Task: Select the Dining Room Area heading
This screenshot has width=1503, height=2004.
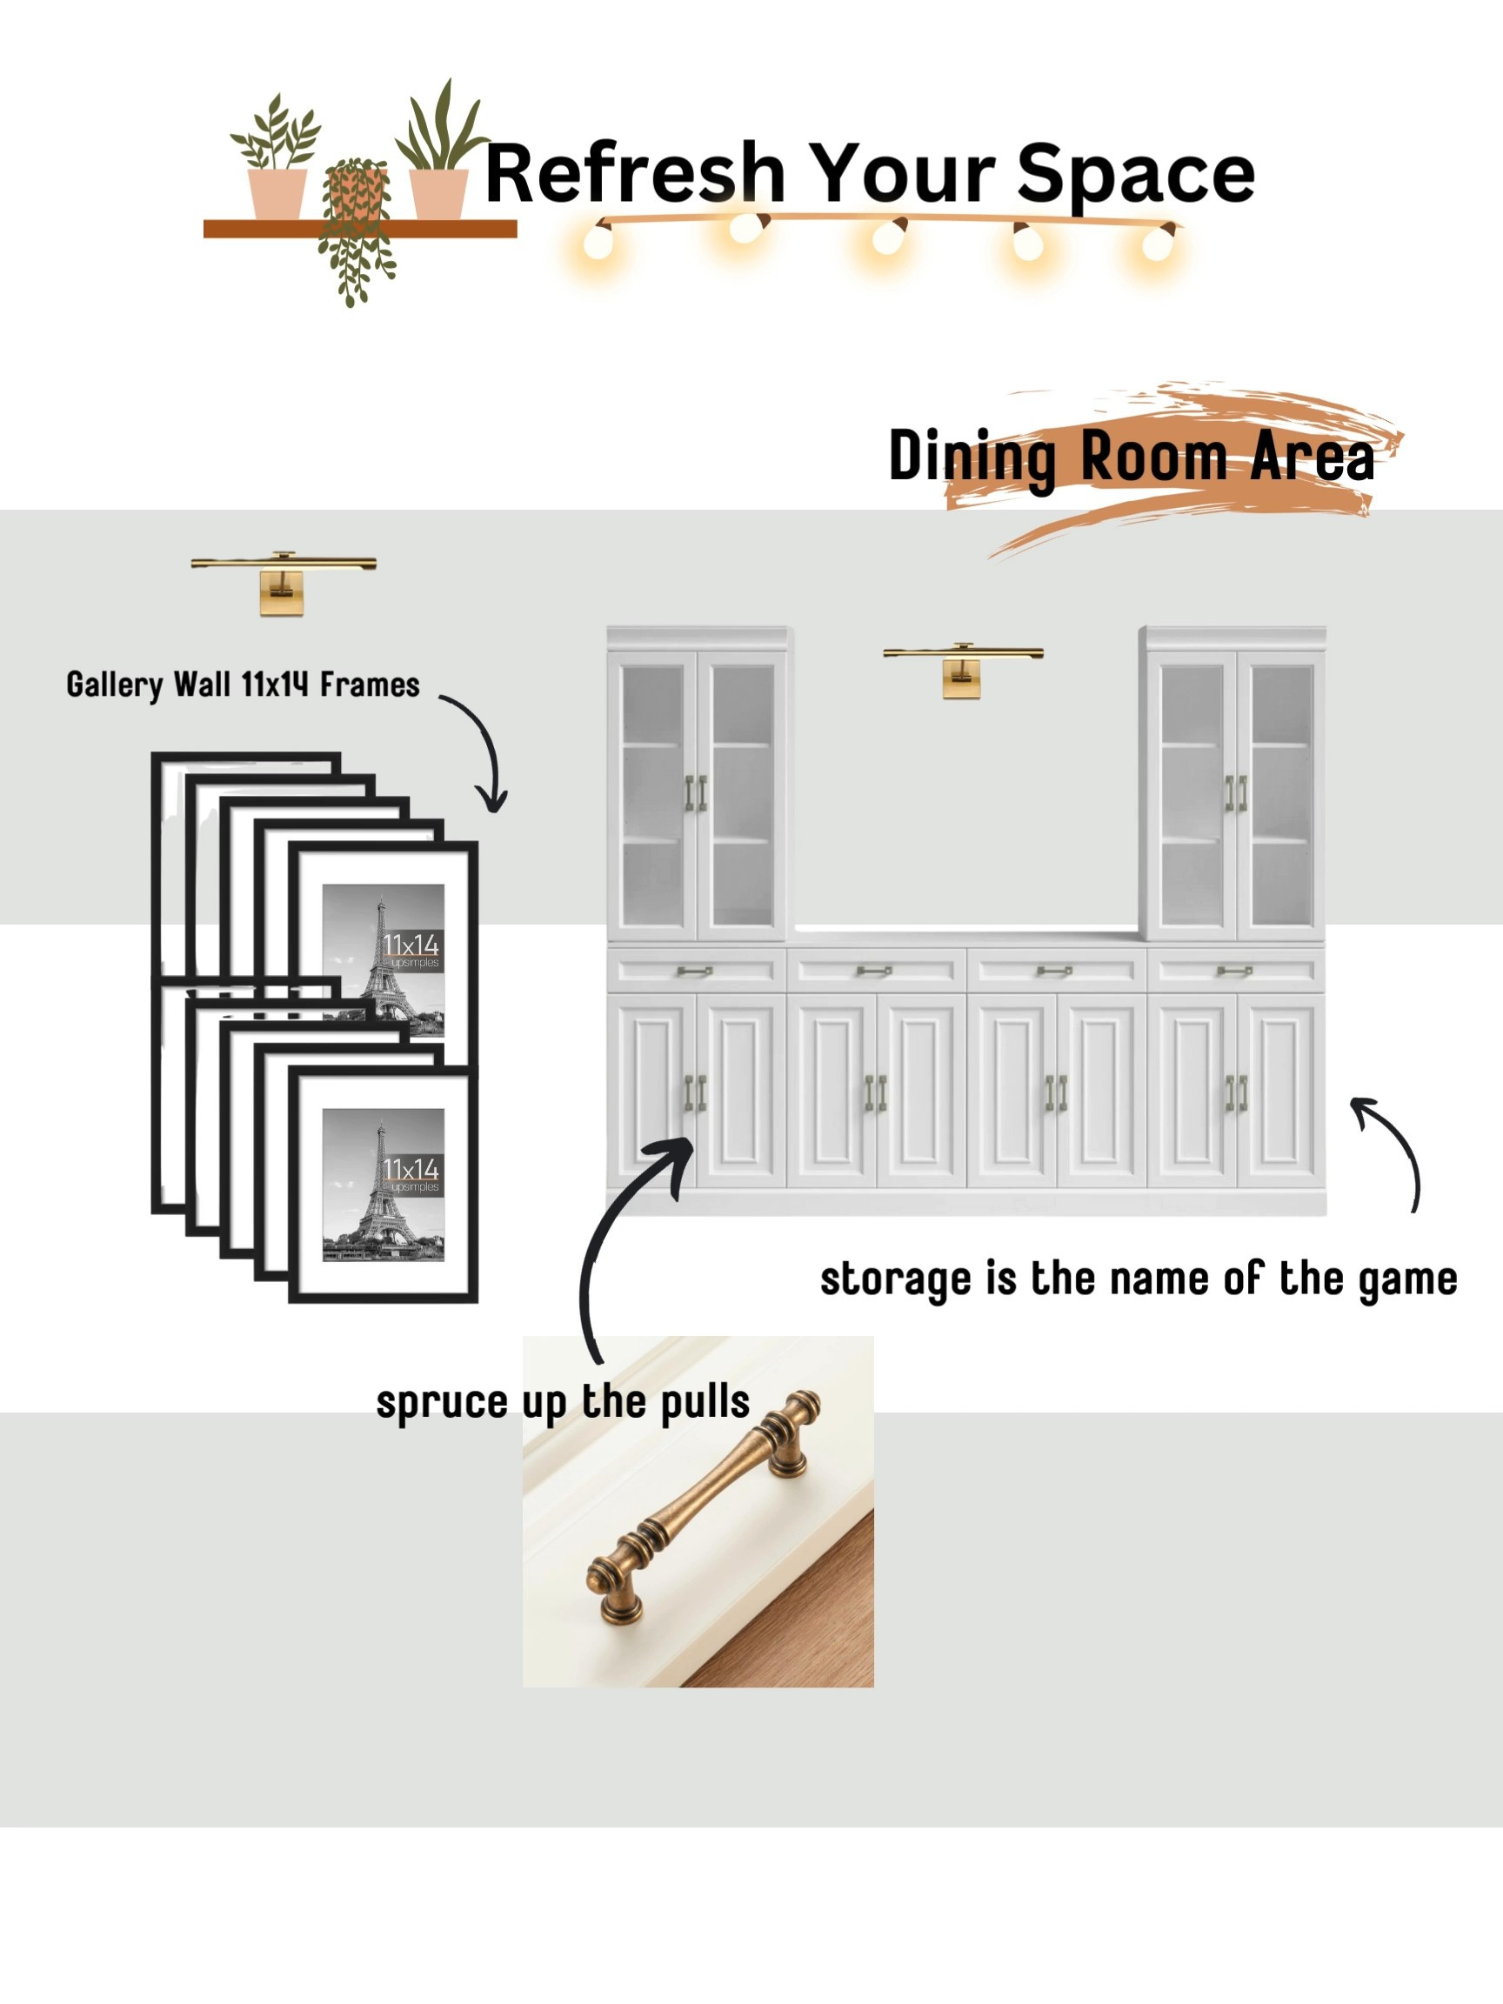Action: pyautogui.click(x=1132, y=457)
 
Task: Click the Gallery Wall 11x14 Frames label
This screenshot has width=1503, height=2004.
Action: pyautogui.click(x=243, y=685)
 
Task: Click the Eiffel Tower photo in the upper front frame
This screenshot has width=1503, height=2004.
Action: pyautogui.click(x=384, y=960)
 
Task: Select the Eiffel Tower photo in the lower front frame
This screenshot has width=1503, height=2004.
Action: pyautogui.click(x=384, y=1185)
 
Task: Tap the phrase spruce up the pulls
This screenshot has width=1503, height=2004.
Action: pyautogui.click(x=563, y=1401)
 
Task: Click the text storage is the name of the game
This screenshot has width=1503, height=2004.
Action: pyautogui.click(x=1139, y=1279)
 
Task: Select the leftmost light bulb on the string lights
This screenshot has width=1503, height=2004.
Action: pyautogui.click(x=598, y=240)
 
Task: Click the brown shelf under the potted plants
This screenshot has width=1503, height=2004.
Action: pyautogui.click(x=360, y=228)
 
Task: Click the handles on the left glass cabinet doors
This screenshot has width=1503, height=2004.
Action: pyautogui.click(x=696, y=792)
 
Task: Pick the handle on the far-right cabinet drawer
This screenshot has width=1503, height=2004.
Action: pyautogui.click(x=1234, y=972)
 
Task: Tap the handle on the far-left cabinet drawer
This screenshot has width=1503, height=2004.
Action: pyautogui.click(x=694, y=972)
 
